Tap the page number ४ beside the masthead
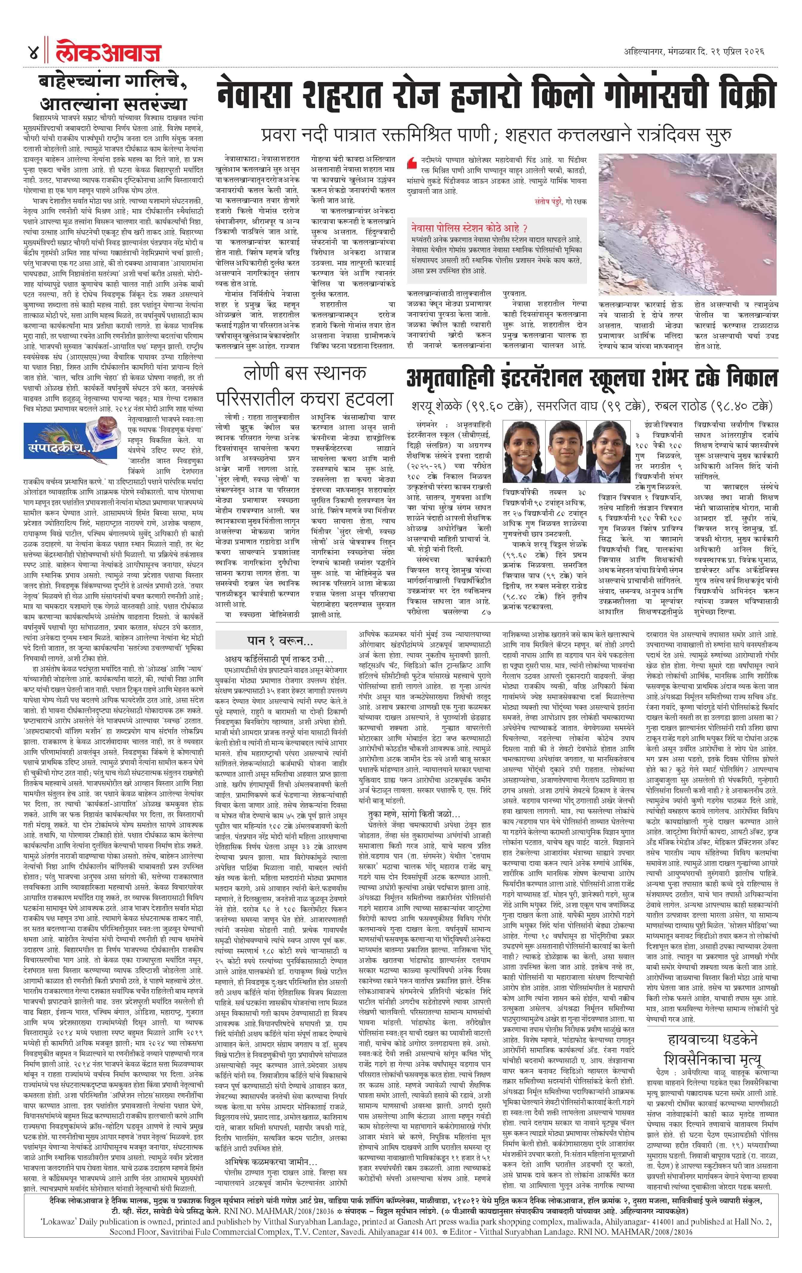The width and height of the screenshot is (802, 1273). click(33, 53)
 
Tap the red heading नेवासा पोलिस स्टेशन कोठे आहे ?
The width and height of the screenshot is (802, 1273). click(469, 228)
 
